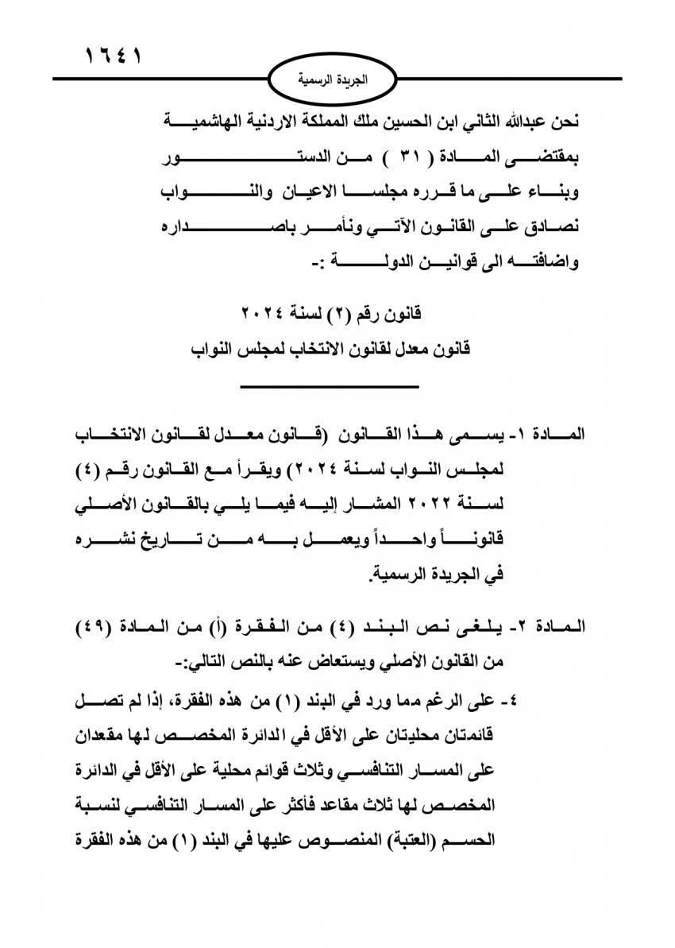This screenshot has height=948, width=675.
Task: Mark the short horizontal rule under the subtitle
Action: pyautogui.click(x=329, y=386)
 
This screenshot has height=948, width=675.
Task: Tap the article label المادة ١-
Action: pyautogui.click(x=552, y=436)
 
